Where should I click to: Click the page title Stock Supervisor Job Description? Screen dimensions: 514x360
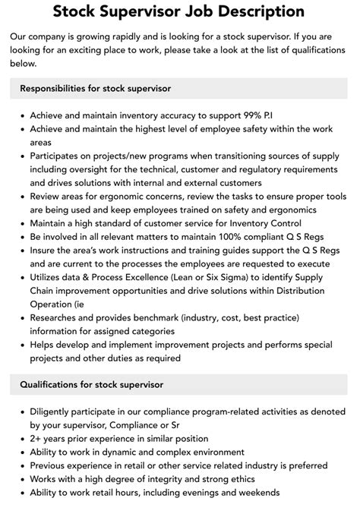click(180, 11)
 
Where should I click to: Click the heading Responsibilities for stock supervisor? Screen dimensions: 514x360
click(95, 88)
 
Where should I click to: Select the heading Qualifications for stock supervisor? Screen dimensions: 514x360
click(91, 384)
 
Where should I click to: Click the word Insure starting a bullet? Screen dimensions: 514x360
click(45, 251)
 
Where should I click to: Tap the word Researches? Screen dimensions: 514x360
click(58, 319)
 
